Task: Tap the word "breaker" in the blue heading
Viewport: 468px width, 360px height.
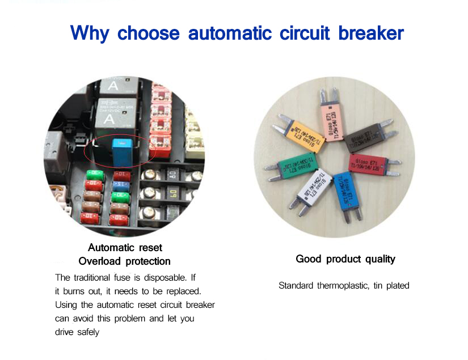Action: pyautogui.click(x=371, y=32)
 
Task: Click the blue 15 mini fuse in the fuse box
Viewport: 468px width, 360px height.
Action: pyautogui.click(x=119, y=185)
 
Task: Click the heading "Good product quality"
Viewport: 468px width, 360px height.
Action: pyautogui.click(x=345, y=259)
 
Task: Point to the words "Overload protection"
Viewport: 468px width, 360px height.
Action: pyautogui.click(x=124, y=261)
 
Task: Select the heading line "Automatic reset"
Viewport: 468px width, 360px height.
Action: pyautogui.click(x=125, y=248)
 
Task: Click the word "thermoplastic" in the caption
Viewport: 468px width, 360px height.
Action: pyautogui.click(x=341, y=286)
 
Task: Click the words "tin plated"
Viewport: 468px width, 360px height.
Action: pyautogui.click(x=391, y=286)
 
